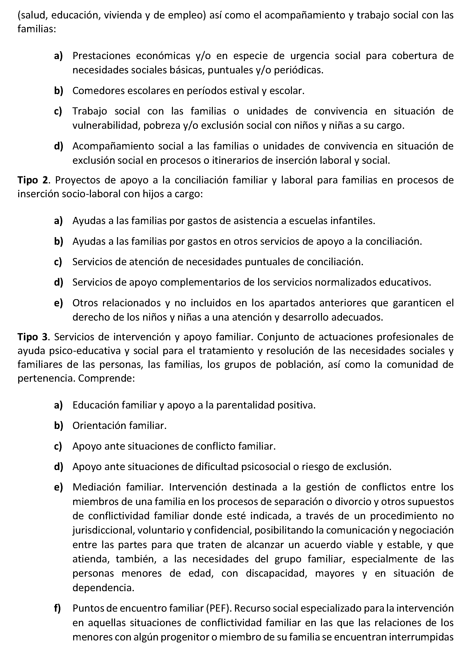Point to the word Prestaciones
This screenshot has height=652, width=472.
tap(101, 56)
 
